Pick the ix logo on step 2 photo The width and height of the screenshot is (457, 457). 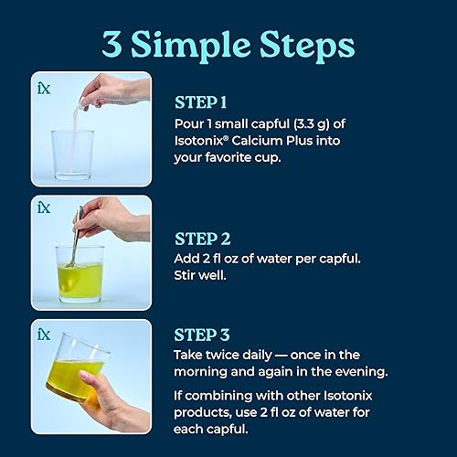(x=43, y=208)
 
